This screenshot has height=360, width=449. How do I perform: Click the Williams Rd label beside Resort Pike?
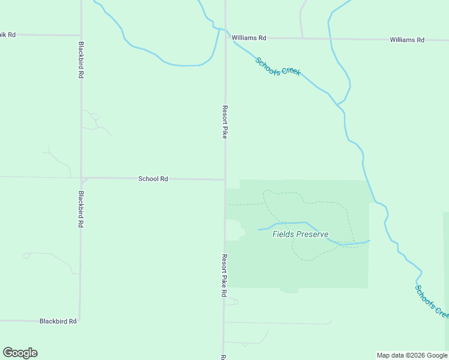249,38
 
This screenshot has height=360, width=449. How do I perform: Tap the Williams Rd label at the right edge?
406,40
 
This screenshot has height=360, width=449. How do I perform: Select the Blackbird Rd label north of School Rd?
80,60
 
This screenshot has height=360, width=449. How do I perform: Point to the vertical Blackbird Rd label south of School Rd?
80,209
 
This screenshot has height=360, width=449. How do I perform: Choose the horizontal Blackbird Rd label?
58,321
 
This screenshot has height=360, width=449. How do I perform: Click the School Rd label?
153,178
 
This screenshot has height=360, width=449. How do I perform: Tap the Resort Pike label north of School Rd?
224,122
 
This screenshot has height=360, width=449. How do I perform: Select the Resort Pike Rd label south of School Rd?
223,275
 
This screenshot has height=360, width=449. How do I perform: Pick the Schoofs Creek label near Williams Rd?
277,67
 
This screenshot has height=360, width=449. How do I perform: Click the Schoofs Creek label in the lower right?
432,301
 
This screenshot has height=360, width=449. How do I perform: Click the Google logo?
20,353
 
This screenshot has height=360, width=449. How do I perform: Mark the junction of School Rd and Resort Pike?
225,179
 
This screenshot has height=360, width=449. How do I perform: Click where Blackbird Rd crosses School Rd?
81,178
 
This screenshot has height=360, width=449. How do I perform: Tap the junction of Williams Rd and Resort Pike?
226,37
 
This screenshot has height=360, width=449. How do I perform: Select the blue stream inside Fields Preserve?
300,223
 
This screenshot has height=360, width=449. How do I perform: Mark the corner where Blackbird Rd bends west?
80,320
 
